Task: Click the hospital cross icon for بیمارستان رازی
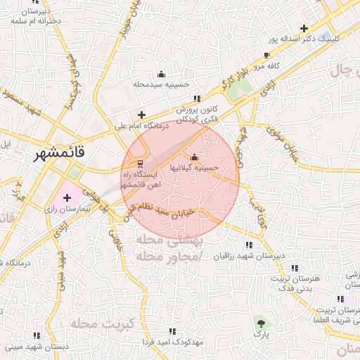[67, 198]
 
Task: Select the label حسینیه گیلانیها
[193, 168]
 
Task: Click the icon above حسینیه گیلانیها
[195, 157]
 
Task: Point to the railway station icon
[139, 163]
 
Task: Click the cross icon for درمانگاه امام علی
[142, 115]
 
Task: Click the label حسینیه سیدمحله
[162, 84]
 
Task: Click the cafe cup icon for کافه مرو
[266, 55]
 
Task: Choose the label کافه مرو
[267, 65]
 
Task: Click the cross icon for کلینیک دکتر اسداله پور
[304, 28]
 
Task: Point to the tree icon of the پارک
[262, 323]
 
